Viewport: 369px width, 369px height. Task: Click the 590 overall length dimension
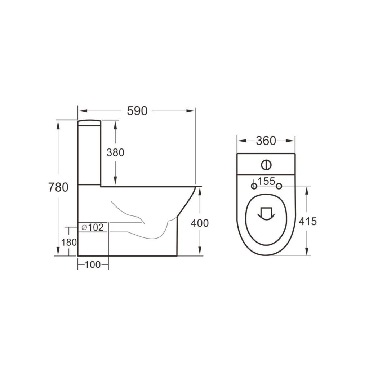click(137, 111)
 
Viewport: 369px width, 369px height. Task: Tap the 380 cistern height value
click(115, 152)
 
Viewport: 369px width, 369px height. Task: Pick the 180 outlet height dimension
click(68, 242)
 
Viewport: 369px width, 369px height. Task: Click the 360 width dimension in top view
click(266, 141)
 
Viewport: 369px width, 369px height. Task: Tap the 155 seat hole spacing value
click(267, 181)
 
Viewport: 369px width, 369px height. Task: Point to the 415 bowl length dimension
click(307, 221)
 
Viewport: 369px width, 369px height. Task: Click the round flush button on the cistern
click(266, 165)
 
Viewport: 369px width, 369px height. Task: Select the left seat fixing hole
click(254, 186)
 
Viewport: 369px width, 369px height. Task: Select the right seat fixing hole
click(279, 186)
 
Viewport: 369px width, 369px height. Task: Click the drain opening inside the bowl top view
click(266, 213)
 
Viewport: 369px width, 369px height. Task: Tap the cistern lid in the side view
click(89, 123)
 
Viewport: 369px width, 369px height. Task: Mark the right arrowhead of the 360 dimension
click(292, 141)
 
